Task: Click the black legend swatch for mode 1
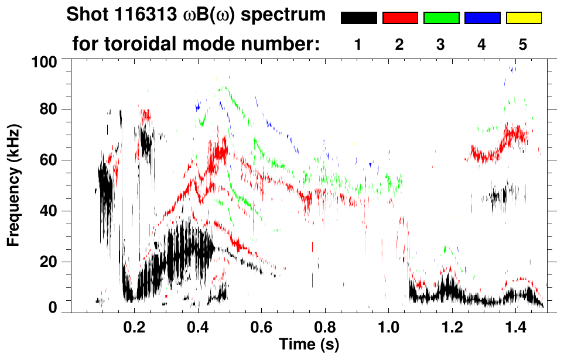click(358, 18)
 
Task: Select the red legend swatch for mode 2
click(400, 18)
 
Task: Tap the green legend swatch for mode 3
click(441, 18)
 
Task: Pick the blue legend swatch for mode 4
click(482, 18)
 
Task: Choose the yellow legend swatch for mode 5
click(524, 18)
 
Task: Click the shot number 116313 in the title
click(141, 15)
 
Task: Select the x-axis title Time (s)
click(308, 344)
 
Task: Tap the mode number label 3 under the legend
click(441, 44)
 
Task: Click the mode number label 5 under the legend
click(524, 44)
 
